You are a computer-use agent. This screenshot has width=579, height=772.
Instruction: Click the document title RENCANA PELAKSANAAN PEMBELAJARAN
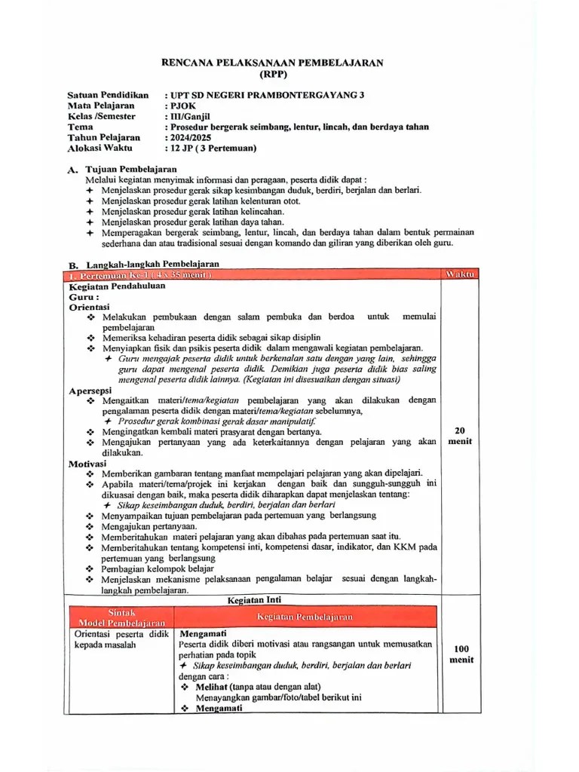tap(272, 63)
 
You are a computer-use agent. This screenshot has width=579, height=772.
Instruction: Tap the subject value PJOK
tap(182, 106)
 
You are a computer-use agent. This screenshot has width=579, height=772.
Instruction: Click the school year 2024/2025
tap(190, 138)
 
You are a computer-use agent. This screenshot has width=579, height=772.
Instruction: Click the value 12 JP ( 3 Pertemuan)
tap(212, 149)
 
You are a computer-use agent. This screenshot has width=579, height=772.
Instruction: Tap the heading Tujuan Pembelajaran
tap(131, 170)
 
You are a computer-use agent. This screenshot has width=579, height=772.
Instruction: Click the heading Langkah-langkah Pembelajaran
tap(152, 265)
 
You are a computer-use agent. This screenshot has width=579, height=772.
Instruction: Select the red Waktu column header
tap(460, 274)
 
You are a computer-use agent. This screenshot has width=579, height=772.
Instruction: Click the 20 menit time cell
tap(460, 436)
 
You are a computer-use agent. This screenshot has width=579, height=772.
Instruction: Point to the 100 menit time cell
tap(461, 654)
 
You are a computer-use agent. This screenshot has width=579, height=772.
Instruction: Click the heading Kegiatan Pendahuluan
tap(118, 286)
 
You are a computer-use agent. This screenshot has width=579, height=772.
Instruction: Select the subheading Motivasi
tap(88, 464)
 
